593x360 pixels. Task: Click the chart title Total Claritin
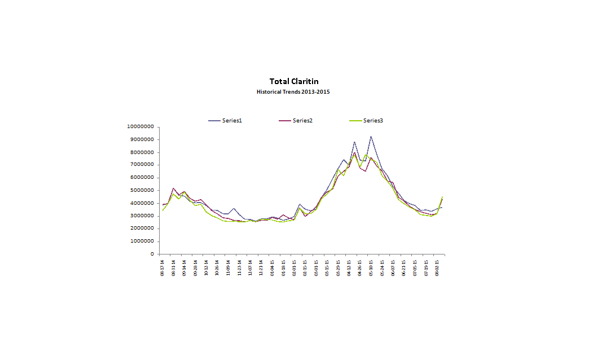[293, 82]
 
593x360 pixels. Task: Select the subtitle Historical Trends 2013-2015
[293, 91]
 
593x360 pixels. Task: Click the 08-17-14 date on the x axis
[163, 266]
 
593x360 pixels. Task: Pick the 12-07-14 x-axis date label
[251, 266]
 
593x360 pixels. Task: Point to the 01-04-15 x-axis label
[273, 266]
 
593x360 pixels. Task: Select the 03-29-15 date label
[338, 266]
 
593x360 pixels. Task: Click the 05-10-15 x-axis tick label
[371, 266]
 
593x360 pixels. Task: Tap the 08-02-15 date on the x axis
[437, 266]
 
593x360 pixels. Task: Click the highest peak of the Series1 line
[371, 137]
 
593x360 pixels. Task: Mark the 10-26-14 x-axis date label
[218, 266]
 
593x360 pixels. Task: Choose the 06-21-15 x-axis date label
[404, 266]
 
